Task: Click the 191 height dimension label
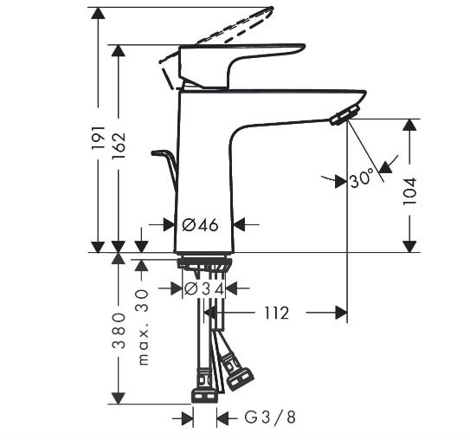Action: pyautogui.click(x=99, y=138)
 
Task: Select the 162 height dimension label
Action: pyautogui.click(x=119, y=146)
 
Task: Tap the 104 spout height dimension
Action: pyautogui.click(x=409, y=191)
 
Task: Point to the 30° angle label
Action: pyautogui.click(x=362, y=178)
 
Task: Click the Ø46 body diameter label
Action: pyautogui.click(x=200, y=224)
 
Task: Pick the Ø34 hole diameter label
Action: pyautogui.click(x=204, y=289)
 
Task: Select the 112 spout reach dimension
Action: pyautogui.click(x=276, y=313)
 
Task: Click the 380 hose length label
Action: pyautogui.click(x=119, y=330)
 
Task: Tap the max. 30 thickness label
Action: pyautogui.click(x=144, y=327)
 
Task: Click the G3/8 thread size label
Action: pyautogui.click(x=270, y=417)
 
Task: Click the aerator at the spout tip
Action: pyautogui.click(x=344, y=115)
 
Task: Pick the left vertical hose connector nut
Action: pyautogui.click(x=203, y=396)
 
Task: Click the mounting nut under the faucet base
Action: pyautogui.click(x=205, y=264)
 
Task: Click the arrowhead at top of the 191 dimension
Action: pyautogui.click(x=99, y=13)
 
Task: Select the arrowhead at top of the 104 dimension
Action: pyautogui.click(x=409, y=125)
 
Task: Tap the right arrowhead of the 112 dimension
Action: pyautogui.click(x=341, y=313)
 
